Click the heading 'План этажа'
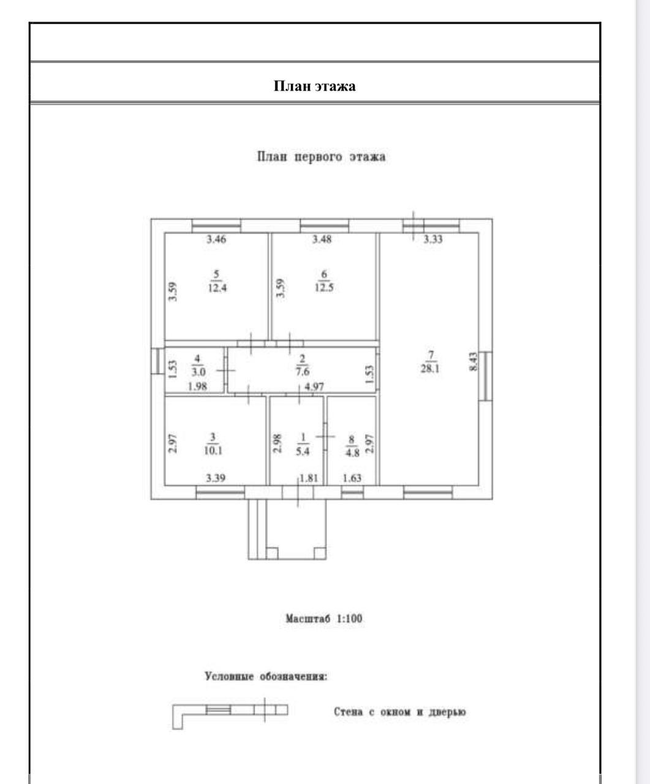click(x=314, y=86)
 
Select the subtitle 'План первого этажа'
click(x=321, y=157)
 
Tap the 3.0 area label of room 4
click(x=197, y=371)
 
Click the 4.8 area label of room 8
click(x=352, y=453)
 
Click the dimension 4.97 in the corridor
click(x=314, y=386)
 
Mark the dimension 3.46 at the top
click(x=216, y=239)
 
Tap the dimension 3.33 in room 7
click(x=433, y=239)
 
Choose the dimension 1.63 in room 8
click(x=352, y=478)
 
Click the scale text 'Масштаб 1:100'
click(x=324, y=619)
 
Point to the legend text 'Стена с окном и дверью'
click(x=400, y=712)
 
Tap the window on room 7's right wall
click(x=485, y=375)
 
